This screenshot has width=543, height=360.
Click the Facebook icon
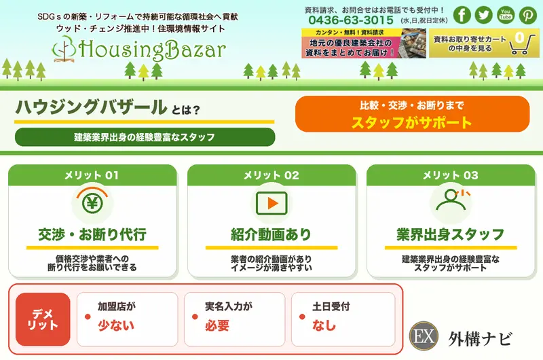tap(462, 15)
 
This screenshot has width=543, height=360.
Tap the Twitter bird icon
tap(484, 15)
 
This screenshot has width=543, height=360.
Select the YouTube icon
tap(506, 15)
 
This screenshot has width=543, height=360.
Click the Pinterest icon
tap(527, 15)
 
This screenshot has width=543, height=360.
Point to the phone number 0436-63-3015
tap(351, 20)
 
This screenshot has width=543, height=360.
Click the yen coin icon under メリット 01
tap(92, 202)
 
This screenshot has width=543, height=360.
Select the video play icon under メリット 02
tap(271, 203)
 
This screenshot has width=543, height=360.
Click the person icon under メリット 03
tap(450, 200)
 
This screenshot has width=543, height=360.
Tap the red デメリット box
tap(43, 319)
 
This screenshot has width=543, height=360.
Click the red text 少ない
tap(115, 325)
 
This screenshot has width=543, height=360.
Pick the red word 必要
tap(217, 325)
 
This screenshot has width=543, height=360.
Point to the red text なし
tap(324, 325)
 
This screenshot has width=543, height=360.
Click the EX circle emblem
tap(424, 336)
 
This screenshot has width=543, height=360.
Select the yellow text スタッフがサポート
tap(412, 122)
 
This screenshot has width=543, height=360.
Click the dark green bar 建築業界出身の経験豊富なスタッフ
tap(145, 137)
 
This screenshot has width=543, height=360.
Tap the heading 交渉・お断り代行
tap(92, 234)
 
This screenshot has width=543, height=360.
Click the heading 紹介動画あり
tap(271, 234)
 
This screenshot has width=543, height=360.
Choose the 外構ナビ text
tap(480, 338)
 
